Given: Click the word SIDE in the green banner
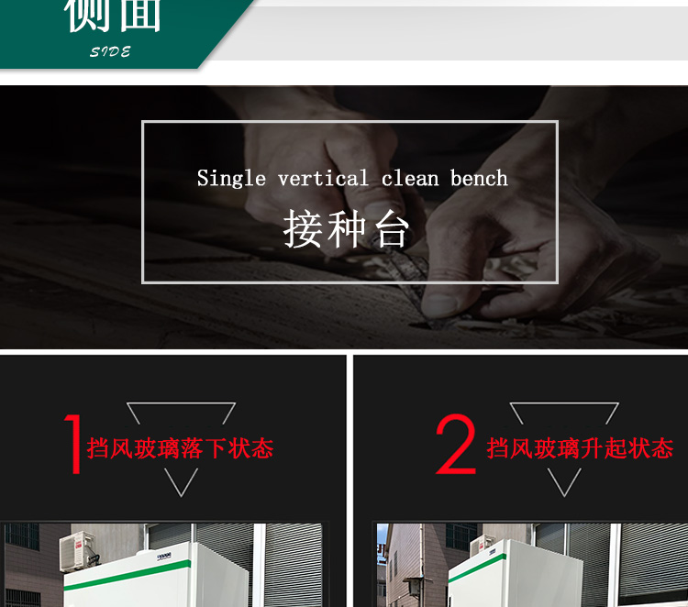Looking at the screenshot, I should pyautogui.click(x=110, y=52).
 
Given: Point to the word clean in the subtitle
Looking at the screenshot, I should pyautogui.click(x=410, y=179).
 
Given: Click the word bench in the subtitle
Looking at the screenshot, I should pyautogui.click(x=479, y=179).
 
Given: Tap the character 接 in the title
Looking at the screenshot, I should pyautogui.click(x=303, y=229).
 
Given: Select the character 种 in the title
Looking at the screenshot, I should pyautogui.click(x=347, y=229).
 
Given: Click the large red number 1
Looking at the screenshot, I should pyautogui.click(x=72, y=445).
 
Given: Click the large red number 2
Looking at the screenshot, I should pyautogui.click(x=456, y=445).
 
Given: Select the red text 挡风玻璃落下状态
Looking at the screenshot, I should pyautogui.click(x=181, y=448).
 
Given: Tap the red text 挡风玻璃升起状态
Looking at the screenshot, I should pyautogui.click(x=580, y=448).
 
